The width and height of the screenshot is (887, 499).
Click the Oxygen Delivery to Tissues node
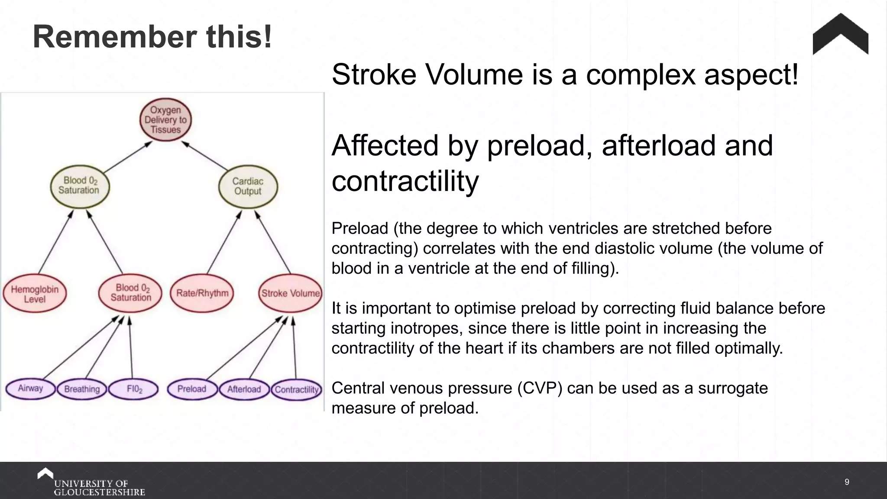click(165, 120)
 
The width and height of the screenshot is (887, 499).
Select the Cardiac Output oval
click(248, 186)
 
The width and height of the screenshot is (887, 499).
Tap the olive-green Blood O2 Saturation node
click(80, 185)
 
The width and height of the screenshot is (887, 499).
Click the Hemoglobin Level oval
click(35, 294)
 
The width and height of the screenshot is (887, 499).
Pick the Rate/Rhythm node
click(202, 293)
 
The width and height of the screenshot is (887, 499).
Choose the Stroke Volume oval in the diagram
click(290, 293)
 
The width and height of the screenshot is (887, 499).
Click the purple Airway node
click(30, 388)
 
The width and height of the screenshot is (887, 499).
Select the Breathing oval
click(82, 389)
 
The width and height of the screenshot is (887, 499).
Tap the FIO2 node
click(134, 389)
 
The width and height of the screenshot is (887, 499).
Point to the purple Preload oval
click(192, 389)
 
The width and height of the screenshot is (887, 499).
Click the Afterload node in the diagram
click(244, 389)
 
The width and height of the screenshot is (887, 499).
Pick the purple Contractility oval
click(297, 389)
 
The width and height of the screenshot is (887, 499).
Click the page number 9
click(847, 482)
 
